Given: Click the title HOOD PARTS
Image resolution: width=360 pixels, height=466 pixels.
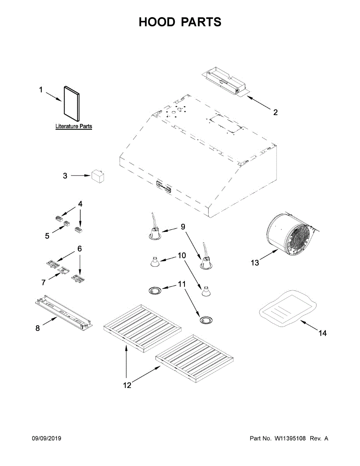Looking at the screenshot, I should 180,22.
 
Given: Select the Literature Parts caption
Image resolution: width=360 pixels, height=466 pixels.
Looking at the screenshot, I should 73,126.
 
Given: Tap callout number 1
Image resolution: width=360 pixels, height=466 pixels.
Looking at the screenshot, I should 40,90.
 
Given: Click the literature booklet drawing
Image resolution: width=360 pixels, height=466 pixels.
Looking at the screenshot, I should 72,104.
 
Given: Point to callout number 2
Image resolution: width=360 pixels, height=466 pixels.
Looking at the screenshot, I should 275,113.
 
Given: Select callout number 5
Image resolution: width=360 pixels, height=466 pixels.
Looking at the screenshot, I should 47,236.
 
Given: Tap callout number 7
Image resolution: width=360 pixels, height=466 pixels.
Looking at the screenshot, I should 43,282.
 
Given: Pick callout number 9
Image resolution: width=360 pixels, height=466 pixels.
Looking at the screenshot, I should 183,227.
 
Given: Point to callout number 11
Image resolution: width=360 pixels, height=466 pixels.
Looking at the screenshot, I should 182,284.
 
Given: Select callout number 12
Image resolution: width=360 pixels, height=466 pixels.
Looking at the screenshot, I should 127,385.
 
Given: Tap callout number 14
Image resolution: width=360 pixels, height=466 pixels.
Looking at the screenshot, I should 323,333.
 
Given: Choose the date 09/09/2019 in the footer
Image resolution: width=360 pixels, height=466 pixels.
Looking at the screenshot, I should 46,438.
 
